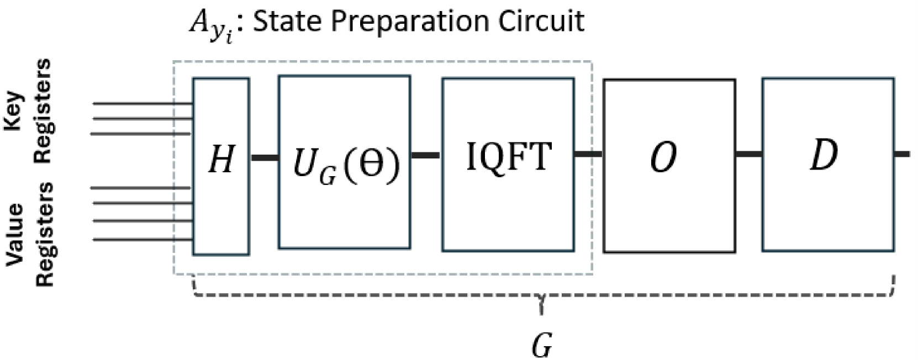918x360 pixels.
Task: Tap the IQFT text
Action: pos(509,157)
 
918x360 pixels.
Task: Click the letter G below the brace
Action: pos(542,345)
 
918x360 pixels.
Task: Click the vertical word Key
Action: pos(13,110)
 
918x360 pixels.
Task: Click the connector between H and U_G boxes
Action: pos(264,158)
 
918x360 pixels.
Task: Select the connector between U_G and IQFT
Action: pos(426,155)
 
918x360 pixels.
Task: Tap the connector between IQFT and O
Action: pos(589,153)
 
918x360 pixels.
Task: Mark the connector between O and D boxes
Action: pos(748,154)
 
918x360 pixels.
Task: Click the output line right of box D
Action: pos(903,154)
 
